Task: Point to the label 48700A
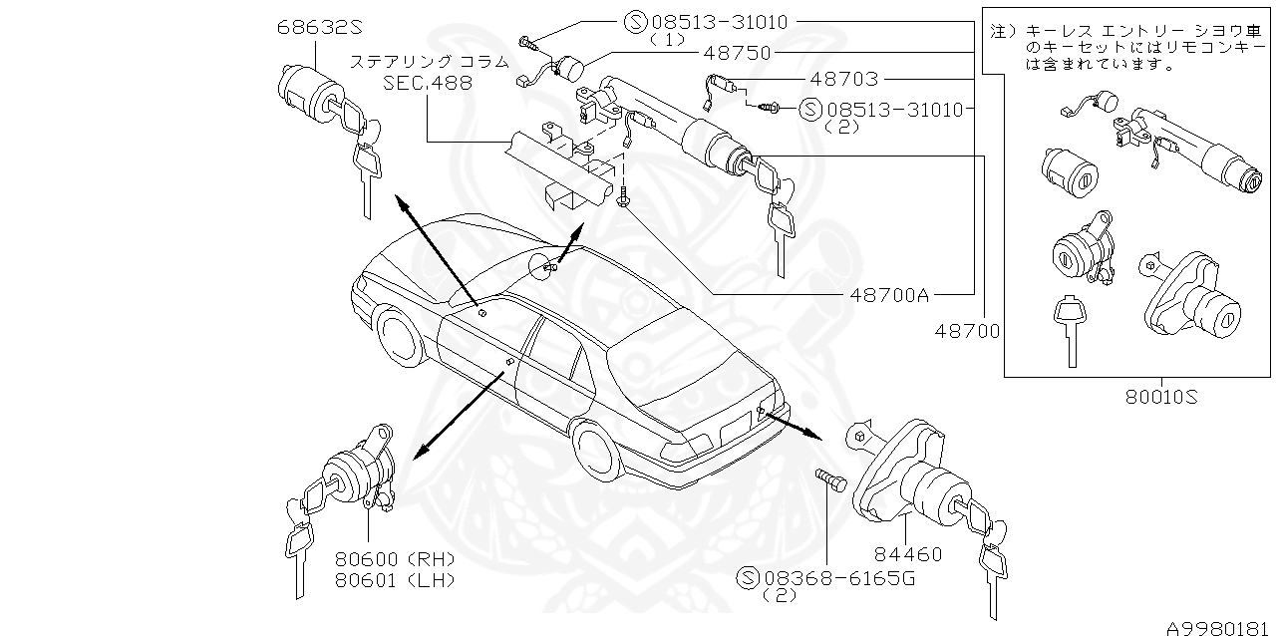click(x=890, y=294)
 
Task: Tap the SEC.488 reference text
click(x=428, y=84)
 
